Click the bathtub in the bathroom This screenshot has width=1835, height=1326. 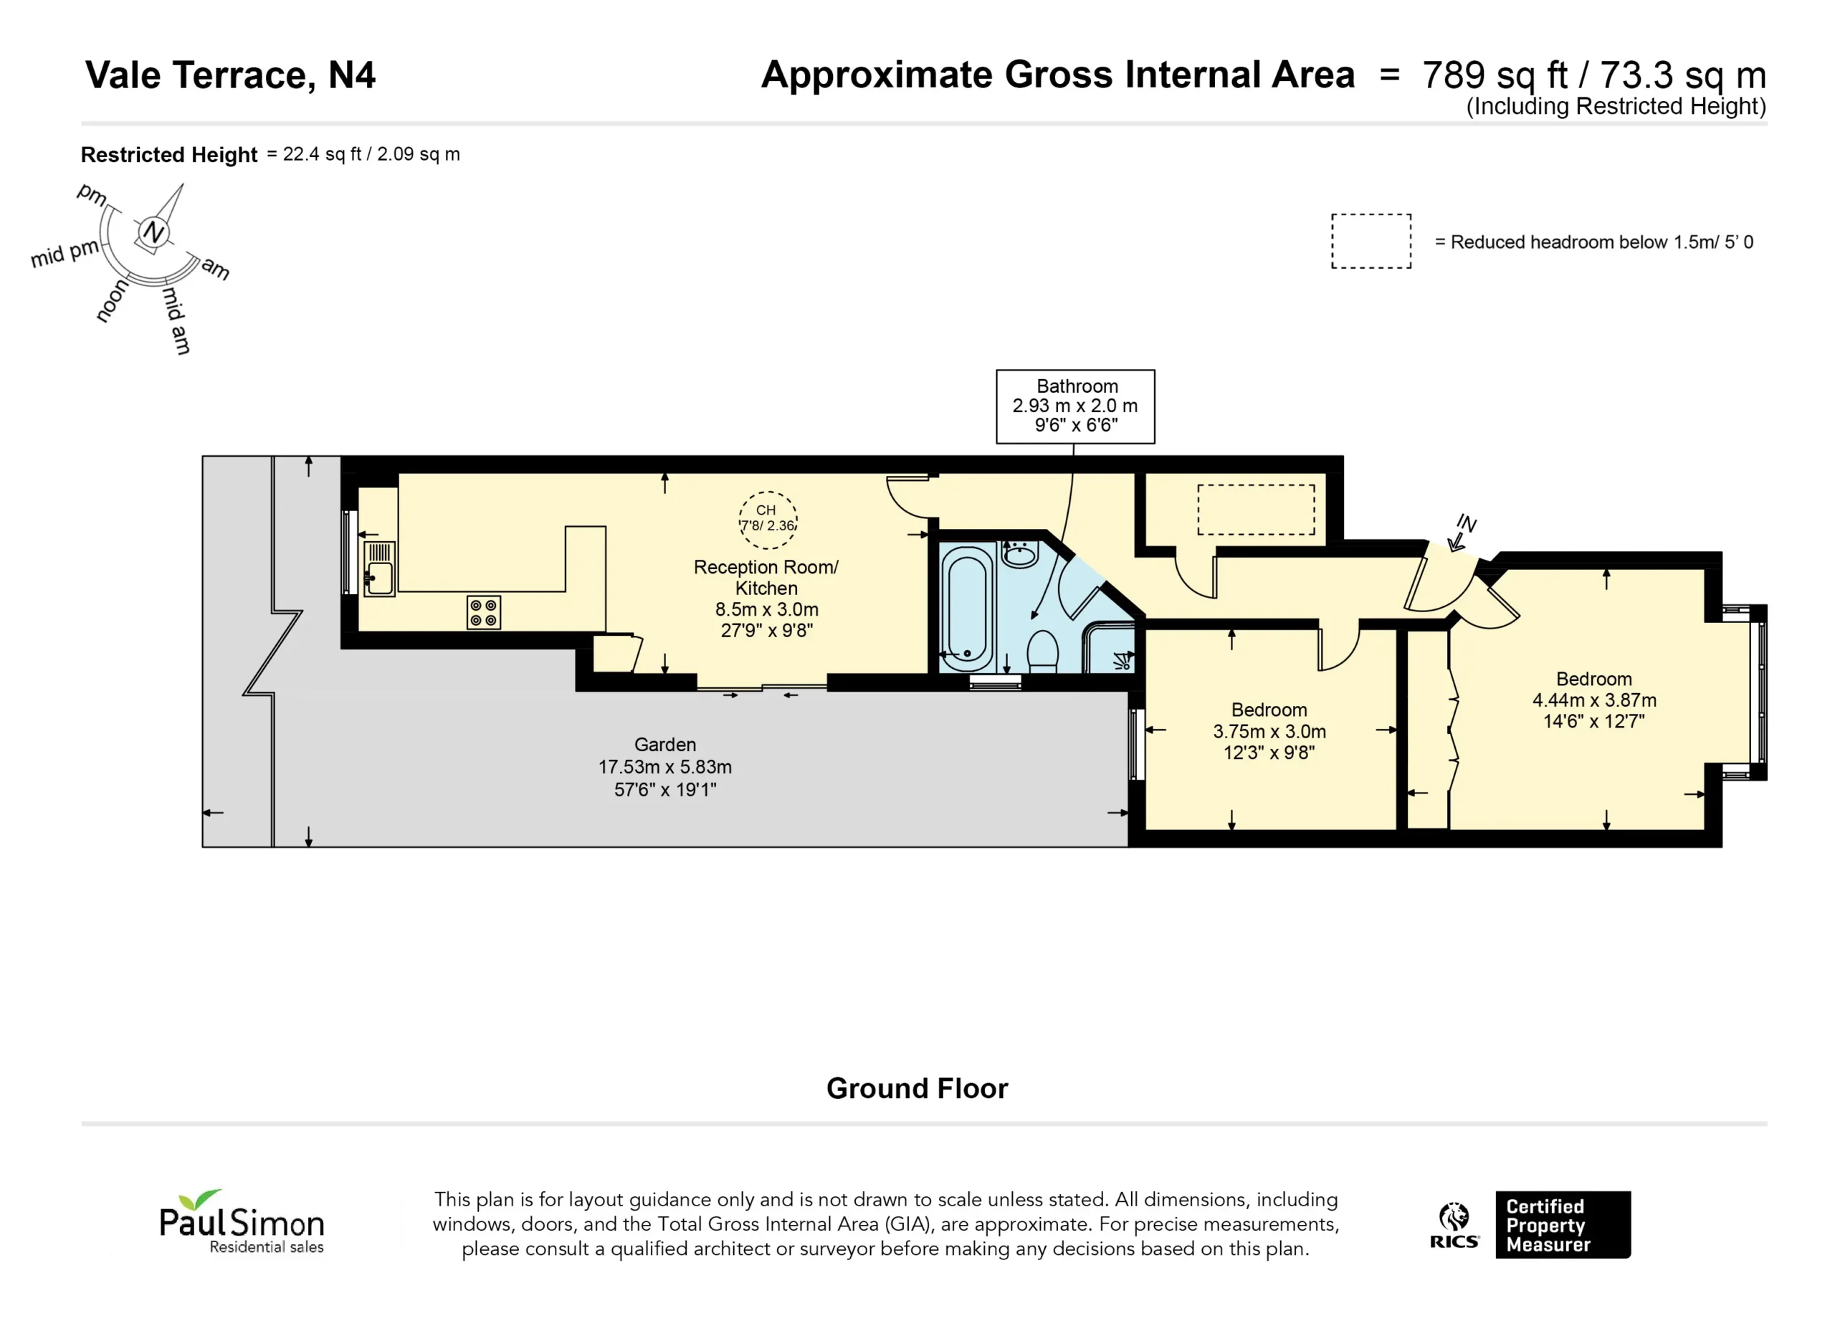(x=968, y=609)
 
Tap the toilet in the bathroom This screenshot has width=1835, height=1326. (x=1042, y=652)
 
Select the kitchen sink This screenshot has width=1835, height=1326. (x=378, y=569)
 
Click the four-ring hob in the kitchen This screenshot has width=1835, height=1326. (x=484, y=612)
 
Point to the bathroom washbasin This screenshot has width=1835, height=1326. (x=1020, y=554)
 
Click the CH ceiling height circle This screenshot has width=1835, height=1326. (x=768, y=520)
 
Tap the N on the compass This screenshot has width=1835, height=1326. (x=153, y=233)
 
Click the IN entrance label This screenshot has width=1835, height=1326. (x=1467, y=523)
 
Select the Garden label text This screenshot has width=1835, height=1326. (x=665, y=744)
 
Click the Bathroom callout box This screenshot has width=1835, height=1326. (x=1075, y=406)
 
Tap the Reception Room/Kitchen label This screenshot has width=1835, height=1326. (x=766, y=578)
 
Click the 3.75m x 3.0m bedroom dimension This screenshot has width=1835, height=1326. (x=1269, y=731)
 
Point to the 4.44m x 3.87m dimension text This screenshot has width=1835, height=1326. (x=1594, y=700)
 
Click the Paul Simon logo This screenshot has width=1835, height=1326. (x=242, y=1221)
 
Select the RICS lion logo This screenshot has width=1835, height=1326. (x=1454, y=1225)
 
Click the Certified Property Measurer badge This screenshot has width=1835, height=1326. (x=1563, y=1224)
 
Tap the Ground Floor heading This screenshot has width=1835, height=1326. (x=917, y=1088)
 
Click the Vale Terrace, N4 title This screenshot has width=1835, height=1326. (x=231, y=75)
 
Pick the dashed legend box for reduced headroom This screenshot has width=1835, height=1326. (x=1371, y=241)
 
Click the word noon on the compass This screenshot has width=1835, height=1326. (x=112, y=301)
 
